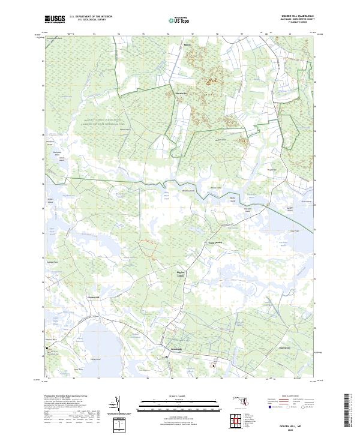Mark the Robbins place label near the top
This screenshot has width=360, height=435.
coord(185,45)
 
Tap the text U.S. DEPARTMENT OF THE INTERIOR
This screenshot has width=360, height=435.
coord(91,17)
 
